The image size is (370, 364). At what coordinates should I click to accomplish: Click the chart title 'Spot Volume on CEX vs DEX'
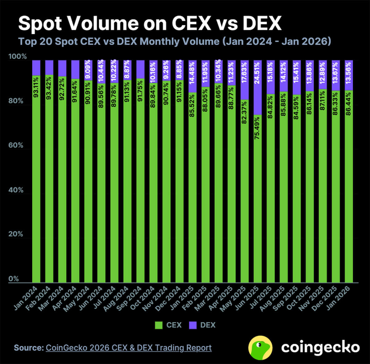pyautogui.click(x=150, y=23)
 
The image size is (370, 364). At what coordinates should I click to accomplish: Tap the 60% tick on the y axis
pyautogui.click(x=16, y=145)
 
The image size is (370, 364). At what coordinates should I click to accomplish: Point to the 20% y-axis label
pyautogui.click(x=16, y=234)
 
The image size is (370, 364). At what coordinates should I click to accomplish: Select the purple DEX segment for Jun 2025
pyautogui.click(x=258, y=87)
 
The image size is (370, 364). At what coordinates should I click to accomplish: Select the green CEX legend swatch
pyautogui.click(x=159, y=325)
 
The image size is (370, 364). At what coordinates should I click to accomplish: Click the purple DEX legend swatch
pyautogui.click(x=192, y=325)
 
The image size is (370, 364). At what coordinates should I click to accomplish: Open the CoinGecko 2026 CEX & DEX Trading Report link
pyautogui.click(x=129, y=348)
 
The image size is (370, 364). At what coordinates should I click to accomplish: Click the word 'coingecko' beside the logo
pyautogui.click(x=320, y=347)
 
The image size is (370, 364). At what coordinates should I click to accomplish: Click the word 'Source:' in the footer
pyautogui.click(x=29, y=348)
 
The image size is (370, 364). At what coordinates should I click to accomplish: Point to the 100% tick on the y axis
pyautogui.click(x=17, y=57)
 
